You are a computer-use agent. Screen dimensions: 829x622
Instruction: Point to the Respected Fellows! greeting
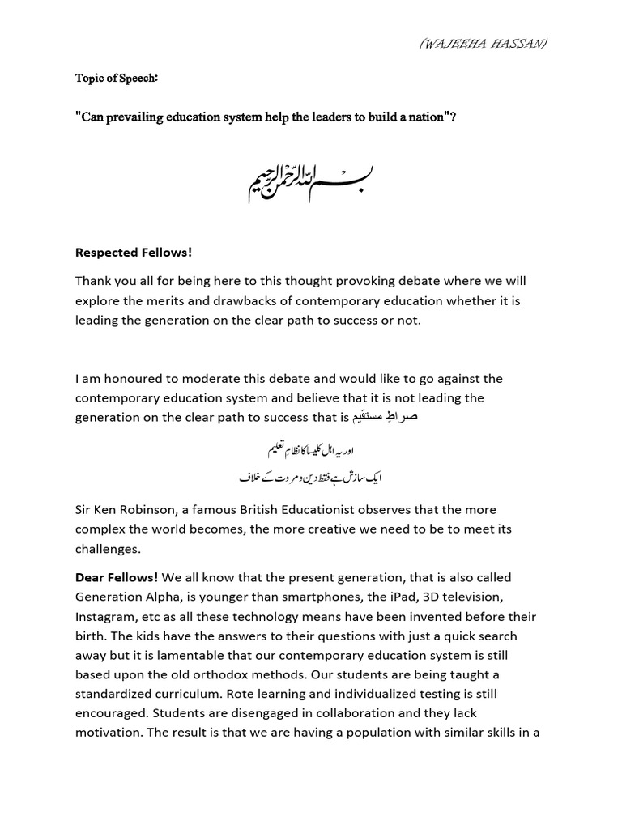134,253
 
